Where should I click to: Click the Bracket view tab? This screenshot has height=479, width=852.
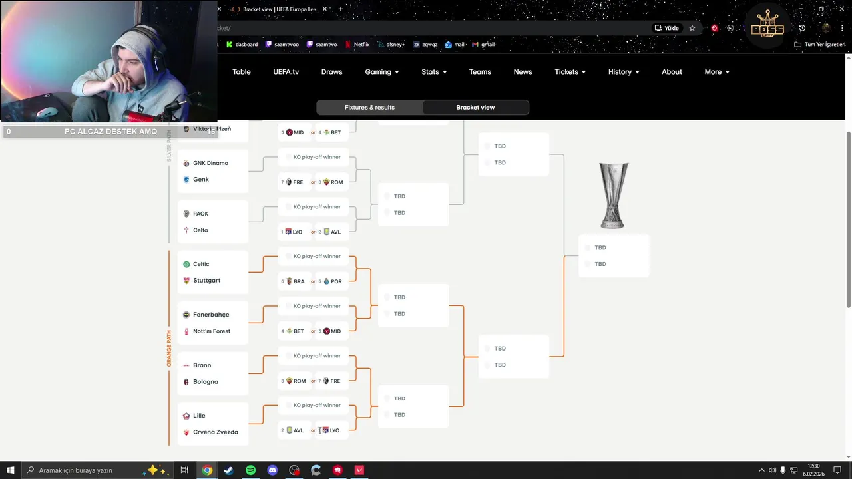[475, 107]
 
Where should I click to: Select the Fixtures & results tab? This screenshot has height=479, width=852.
[369, 107]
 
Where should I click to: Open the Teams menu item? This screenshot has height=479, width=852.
[480, 72]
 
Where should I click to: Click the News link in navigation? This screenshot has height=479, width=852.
[523, 72]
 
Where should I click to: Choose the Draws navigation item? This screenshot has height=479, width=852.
[331, 72]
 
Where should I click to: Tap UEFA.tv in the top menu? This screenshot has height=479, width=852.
[286, 72]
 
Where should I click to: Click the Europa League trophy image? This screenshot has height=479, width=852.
[613, 196]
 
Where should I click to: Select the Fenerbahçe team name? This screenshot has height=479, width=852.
[210, 315]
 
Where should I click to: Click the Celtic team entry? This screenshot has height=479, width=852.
[201, 264]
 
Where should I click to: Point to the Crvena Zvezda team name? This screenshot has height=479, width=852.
[215, 432]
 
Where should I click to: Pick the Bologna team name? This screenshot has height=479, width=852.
[205, 382]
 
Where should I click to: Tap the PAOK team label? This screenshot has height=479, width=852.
[200, 214]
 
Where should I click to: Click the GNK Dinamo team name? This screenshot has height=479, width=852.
[210, 163]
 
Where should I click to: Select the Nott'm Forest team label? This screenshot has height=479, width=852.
[211, 331]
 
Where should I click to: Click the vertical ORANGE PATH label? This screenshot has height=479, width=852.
[169, 348]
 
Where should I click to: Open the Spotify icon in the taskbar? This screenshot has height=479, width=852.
[250, 470]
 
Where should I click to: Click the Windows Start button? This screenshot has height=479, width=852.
[11, 470]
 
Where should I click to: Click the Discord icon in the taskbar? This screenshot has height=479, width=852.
[272, 470]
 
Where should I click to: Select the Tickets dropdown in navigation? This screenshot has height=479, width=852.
[570, 72]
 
